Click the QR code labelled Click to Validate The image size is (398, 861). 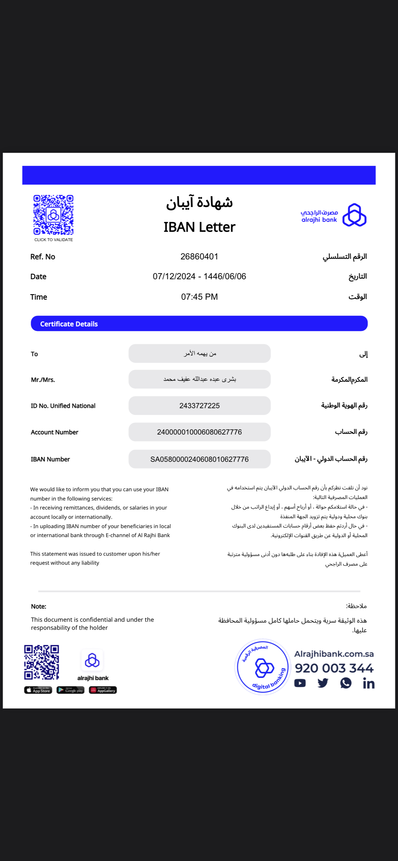tap(53, 215)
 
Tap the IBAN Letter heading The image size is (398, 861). tap(199, 227)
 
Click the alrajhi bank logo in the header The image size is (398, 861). tap(334, 215)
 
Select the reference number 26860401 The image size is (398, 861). tap(199, 257)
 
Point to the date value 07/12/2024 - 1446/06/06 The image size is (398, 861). tap(199, 276)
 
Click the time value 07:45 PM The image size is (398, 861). tap(199, 297)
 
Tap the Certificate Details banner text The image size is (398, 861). tap(69, 324)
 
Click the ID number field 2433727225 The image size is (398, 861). tap(199, 406)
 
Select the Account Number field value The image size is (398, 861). tap(199, 432)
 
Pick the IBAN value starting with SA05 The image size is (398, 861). tap(199, 459)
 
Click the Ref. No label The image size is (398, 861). tap(43, 257)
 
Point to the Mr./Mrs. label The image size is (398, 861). tap(43, 380)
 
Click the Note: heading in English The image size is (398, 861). tap(39, 606)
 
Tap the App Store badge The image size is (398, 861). tap(38, 690)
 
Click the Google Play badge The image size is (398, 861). tap(70, 690)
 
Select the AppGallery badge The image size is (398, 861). tap(103, 690)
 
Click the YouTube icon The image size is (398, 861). tap(300, 683)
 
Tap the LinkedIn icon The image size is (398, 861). tap(369, 683)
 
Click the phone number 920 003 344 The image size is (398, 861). tap(334, 668)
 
